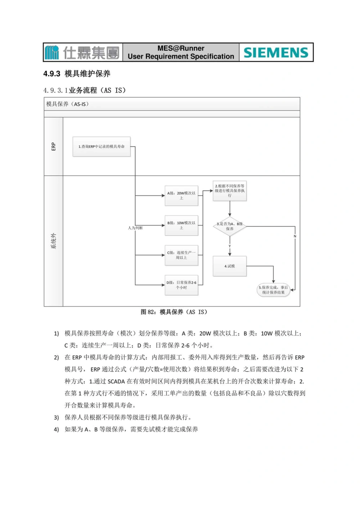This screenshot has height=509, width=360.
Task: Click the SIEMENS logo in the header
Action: coord(276,53)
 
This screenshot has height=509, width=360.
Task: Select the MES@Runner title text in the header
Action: coord(181,48)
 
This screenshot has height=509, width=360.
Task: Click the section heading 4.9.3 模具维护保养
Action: coord(77,74)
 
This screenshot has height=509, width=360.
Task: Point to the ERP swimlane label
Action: coord(53,146)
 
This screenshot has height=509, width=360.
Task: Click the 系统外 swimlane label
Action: coord(53,241)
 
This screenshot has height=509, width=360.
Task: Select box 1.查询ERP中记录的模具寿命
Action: coord(102,146)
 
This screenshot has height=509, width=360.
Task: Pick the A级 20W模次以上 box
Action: coord(181,195)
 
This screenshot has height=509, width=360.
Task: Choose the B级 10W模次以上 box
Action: coord(181,225)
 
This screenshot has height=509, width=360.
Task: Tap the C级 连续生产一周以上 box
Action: coord(181,255)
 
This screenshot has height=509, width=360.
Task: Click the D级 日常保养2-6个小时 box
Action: coord(181,285)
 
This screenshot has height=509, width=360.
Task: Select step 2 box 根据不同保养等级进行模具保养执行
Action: coord(230,191)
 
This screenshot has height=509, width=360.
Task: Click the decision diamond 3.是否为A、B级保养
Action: coord(230,226)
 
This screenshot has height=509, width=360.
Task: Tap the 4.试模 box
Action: coord(230,266)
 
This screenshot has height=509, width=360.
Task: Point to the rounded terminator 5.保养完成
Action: coord(274,290)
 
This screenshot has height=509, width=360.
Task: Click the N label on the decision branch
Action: coord(295,236)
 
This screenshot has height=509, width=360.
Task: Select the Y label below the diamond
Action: coord(230,246)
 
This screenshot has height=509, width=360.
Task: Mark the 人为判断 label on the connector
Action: coord(135,228)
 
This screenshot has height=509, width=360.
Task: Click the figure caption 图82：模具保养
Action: coord(174,312)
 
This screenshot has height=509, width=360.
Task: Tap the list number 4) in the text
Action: coord(56,429)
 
